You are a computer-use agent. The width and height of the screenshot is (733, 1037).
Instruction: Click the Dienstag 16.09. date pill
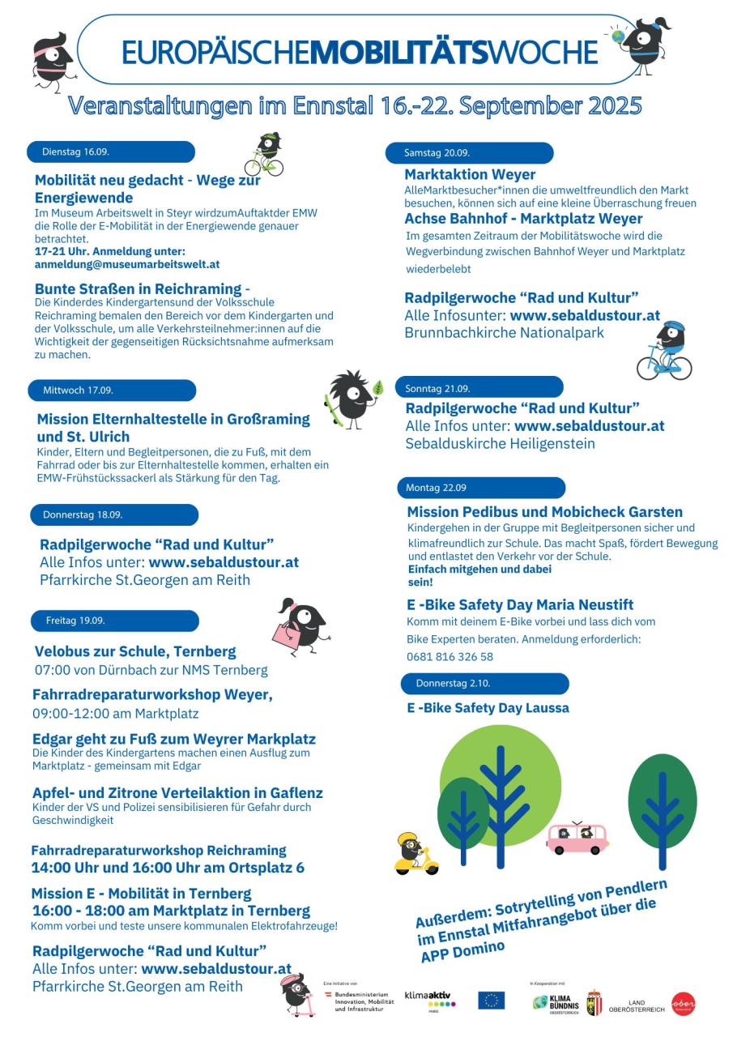point(112,151)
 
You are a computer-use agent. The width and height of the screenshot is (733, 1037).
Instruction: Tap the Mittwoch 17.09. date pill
point(113,390)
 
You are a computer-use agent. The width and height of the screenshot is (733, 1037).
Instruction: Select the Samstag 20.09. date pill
point(471,152)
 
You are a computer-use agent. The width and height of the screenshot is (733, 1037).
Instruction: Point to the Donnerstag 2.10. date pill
point(484,683)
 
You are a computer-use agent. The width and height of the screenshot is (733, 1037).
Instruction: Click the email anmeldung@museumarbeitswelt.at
point(127,264)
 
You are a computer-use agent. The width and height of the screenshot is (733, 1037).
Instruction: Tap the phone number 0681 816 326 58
point(450,656)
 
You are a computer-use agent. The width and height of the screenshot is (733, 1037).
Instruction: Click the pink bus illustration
point(577,839)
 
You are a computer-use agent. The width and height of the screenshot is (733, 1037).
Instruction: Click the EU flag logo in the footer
point(491,1001)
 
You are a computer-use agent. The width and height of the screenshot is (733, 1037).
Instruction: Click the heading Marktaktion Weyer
point(470,174)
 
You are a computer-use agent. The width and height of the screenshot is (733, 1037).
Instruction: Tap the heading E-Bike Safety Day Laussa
point(488,707)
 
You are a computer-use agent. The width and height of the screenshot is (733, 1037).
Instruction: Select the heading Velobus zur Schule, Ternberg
point(135,651)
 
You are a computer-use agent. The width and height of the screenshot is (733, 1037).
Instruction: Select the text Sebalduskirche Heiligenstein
point(500,443)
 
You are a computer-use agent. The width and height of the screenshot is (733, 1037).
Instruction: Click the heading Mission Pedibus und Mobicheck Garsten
point(544,512)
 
